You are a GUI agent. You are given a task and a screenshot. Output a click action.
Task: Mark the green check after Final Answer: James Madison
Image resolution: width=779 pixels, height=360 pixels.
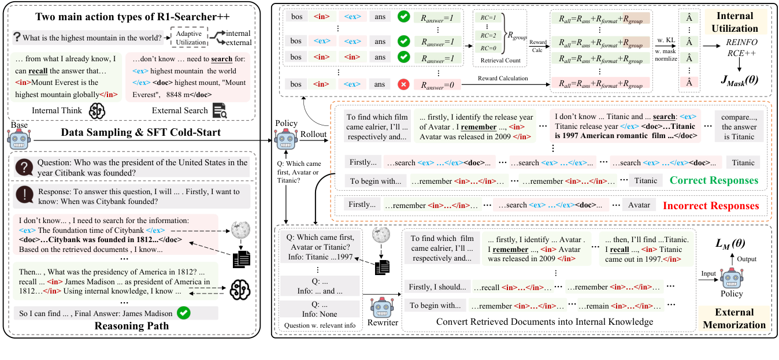184,313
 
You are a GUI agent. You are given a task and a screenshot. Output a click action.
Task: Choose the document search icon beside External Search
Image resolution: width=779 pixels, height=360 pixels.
220,111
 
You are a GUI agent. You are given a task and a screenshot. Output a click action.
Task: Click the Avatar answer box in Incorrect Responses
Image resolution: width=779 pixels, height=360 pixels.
639,205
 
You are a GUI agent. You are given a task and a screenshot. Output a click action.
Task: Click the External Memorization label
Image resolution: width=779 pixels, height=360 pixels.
734,318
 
